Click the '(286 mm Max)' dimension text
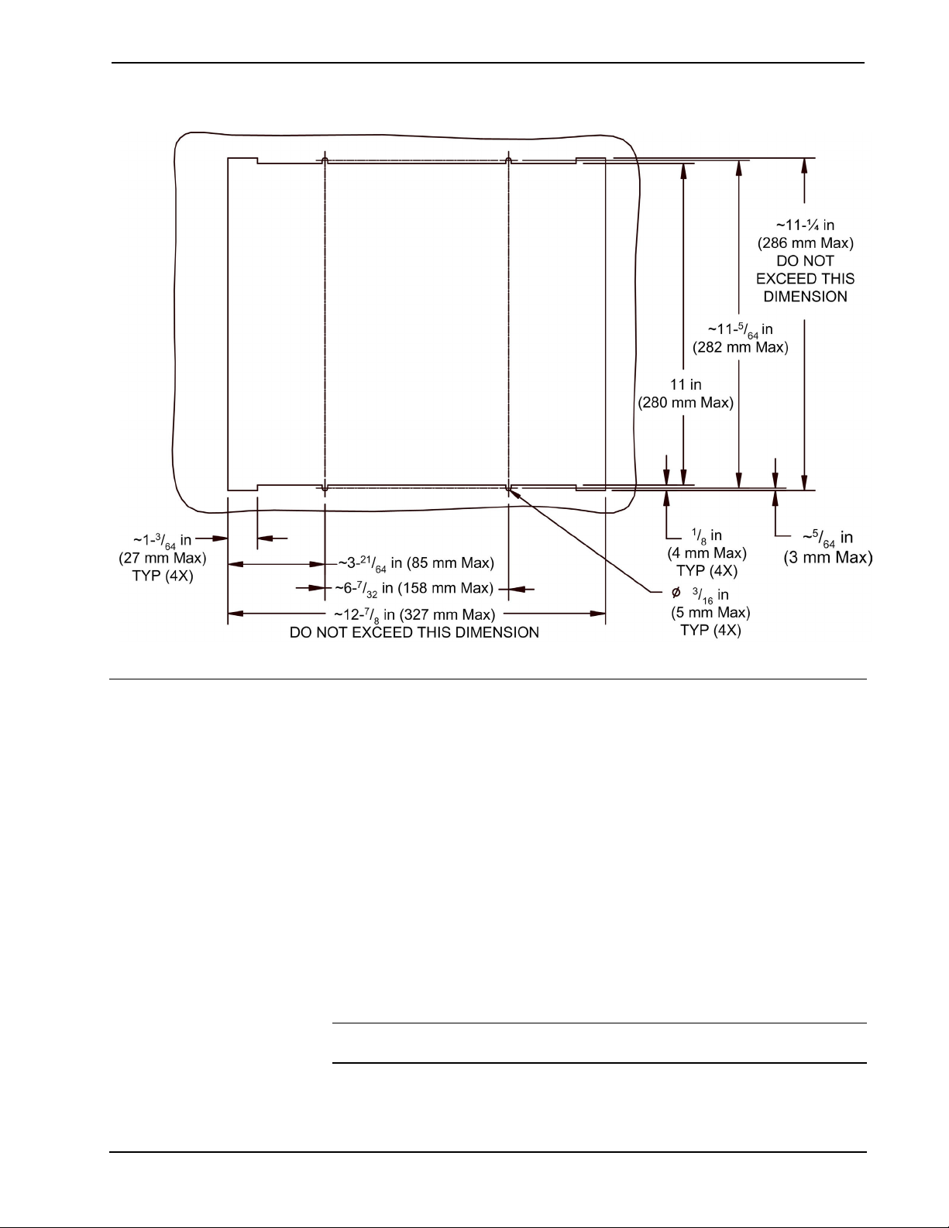tap(805, 243)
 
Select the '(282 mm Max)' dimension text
tap(740, 347)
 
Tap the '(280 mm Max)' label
tap(685, 403)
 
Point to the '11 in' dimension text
tap(685, 384)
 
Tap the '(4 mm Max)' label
tap(707, 553)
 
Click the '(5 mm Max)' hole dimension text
tap(710, 613)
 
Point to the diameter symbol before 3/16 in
tap(676, 593)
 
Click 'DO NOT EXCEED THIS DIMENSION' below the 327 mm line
tap(414, 633)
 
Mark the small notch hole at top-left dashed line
tap(325, 160)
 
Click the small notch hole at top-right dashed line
tap(508, 160)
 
